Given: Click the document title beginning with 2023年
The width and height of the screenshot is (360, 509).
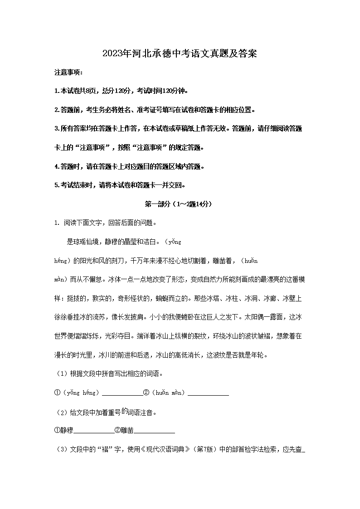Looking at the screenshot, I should (180, 54).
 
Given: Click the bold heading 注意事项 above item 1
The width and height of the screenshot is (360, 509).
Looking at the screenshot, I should (68, 73).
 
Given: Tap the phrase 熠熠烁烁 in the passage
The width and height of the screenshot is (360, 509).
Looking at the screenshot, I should (88, 337).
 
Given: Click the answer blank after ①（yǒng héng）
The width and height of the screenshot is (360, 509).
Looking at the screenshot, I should (122, 393).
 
